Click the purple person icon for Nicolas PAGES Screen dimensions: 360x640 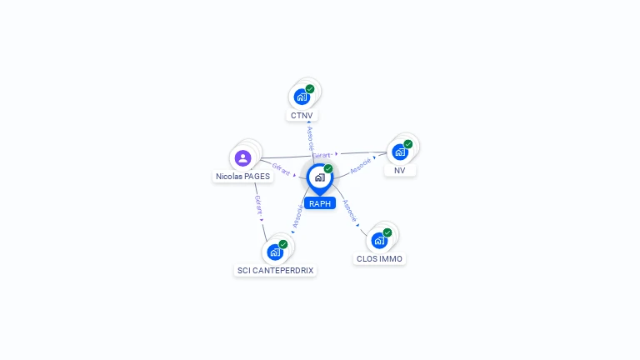click(x=242, y=157)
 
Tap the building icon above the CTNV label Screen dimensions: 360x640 click(x=302, y=97)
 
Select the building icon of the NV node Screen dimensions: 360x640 click(x=400, y=152)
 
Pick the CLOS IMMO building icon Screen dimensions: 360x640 click(x=379, y=240)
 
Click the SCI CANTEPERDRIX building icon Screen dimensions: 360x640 click(x=275, y=252)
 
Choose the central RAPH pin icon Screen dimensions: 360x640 click(x=319, y=177)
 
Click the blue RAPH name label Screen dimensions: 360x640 click(x=319, y=203)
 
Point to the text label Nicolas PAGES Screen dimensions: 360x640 click(x=243, y=177)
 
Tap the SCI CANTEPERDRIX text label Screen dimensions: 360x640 click(x=276, y=271)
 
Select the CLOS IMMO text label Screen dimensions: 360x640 click(x=379, y=259)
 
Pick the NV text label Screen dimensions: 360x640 click(x=400, y=170)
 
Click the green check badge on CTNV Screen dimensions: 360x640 click(x=310, y=88)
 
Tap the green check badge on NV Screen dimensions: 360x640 click(x=408, y=143)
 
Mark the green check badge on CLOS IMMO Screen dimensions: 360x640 click(x=387, y=232)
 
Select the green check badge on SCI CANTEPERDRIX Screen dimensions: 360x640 click(x=283, y=243)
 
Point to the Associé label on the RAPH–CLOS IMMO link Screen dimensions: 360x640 click(x=350, y=209)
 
